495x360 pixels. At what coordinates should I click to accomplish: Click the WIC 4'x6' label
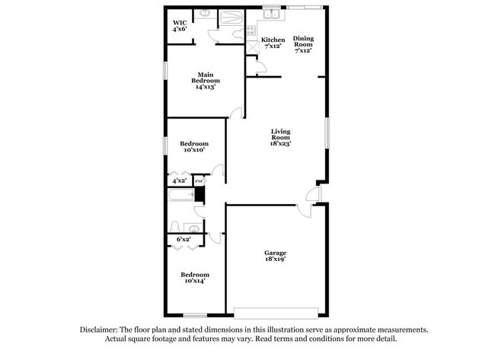click(180, 26)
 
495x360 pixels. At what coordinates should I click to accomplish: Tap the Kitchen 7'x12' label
click(273, 43)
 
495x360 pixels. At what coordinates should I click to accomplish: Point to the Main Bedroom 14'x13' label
click(206, 80)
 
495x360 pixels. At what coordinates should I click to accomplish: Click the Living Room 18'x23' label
click(281, 137)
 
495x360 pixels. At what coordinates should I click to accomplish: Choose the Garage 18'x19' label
click(275, 256)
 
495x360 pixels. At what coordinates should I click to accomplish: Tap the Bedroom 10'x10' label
click(193, 147)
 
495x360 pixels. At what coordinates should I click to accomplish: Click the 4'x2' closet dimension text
click(179, 181)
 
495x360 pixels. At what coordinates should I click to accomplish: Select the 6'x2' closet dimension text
click(184, 240)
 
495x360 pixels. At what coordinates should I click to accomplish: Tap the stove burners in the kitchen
click(251, 31)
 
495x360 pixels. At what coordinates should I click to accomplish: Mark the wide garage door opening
click(276, 312)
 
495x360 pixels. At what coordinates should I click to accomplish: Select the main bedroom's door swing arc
click(237, 113)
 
